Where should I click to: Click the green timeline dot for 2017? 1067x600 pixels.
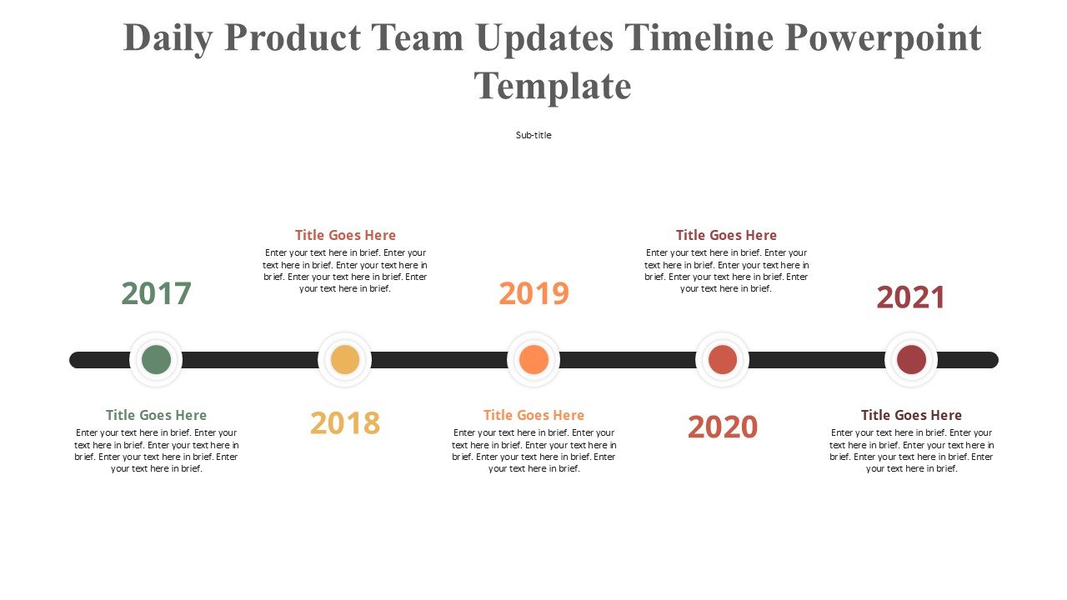tap(156, 359)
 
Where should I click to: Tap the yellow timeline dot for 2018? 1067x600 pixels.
tap(345, 359)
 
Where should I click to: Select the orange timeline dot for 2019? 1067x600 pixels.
tap(533, 359)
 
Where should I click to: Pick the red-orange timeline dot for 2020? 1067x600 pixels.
tap(722, 359)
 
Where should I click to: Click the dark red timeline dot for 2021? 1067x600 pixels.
tap(911, 359)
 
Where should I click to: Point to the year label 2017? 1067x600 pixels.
tap(156, 293)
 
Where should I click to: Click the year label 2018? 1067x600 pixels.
tap(345, 422)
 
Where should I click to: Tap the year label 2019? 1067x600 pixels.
tap(533, 293)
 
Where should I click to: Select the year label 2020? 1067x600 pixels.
tap(722, 427)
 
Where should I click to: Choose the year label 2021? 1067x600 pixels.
tap(911, 297)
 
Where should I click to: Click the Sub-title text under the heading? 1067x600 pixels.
tap(533, 135)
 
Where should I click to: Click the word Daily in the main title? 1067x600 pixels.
tap(168, 39)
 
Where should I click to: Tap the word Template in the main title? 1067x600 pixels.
tap(553, 87)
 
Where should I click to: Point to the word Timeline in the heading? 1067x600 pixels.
tap(699, 37)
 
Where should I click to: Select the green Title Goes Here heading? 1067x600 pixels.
tap(156, 415)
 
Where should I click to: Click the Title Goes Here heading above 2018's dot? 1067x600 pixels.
tap(345, 235)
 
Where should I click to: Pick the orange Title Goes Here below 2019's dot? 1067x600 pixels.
tap(533, 415)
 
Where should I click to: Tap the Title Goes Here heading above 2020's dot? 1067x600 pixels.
tap(726, 235)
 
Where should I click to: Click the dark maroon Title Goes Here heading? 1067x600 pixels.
tap(911, 415)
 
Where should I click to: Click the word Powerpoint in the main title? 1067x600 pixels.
tap(883, 39)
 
